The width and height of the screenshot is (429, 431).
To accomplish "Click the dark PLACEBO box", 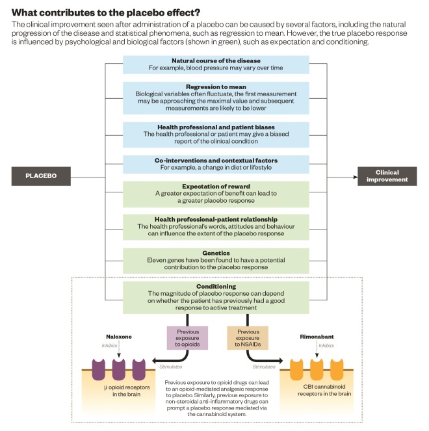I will pyautogui.click(x=40, y=176).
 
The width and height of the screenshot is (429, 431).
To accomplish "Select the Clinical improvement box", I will pyautogui.click(x=388, y=176).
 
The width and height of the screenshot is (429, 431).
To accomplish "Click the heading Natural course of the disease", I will pyautogui.click(x=215, y=60).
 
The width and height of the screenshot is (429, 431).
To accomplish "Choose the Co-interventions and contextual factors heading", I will pyautogui.click(x=215, y=160).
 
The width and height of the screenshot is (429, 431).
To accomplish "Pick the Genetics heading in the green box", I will pyautogui.click(x=215, y=252).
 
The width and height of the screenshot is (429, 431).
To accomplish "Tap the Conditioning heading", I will pyautogui.click(x=215, y=285).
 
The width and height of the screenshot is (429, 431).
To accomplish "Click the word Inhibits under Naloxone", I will pyautogui.click(x=109, y=345).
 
